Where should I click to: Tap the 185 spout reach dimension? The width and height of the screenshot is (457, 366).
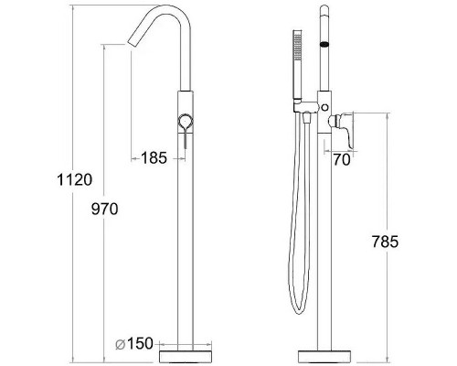pyautogui.click(x=154, y=158)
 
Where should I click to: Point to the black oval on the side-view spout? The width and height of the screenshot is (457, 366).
pyautogui.click(x=321, y=44)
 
